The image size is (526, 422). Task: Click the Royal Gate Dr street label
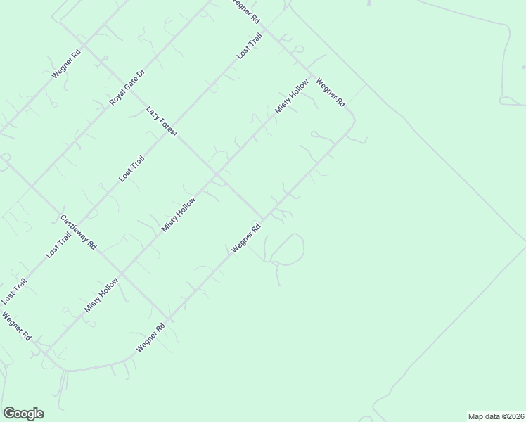127,88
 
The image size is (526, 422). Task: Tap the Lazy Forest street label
162,121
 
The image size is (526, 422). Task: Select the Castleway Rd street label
79,233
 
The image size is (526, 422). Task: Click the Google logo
23,414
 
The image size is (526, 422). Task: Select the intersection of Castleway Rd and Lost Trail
79,227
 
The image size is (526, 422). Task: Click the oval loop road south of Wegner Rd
287,249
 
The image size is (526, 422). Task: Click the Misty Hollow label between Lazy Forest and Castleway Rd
179,215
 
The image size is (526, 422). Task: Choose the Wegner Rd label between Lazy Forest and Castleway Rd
247,238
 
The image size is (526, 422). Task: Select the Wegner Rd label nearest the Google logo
15,326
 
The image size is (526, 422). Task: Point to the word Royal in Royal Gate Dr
117,98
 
